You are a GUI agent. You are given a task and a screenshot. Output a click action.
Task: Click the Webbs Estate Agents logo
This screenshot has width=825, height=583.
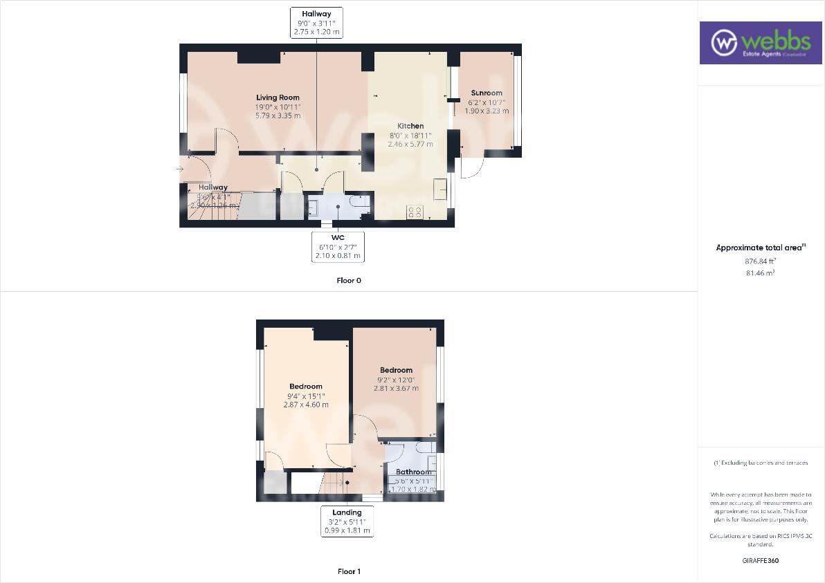[759, 43]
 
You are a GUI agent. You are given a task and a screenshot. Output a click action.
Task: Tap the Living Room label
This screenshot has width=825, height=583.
[278, 98]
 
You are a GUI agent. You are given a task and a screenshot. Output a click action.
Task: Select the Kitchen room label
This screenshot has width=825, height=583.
[410, 126]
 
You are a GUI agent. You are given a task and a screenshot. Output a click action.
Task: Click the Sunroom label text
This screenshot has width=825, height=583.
[487, 93]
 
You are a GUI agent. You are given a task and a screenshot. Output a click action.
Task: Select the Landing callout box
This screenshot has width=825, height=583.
[347, 521]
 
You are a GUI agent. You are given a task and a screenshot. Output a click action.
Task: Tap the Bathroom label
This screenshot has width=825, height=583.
[413, 472]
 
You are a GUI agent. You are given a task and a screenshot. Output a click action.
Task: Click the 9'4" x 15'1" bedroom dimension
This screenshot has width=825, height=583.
[306, 396]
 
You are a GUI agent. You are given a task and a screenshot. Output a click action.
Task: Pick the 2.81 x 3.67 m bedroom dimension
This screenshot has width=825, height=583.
[396, 388]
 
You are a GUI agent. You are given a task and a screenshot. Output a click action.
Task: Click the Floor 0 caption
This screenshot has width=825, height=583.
[349, 281]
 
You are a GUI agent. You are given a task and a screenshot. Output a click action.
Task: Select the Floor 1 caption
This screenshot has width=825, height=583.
[349, 571]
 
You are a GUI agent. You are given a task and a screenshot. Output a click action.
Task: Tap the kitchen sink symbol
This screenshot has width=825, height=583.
[440, 189]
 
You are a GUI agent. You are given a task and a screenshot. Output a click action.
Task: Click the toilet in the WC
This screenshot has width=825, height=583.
[360, 201]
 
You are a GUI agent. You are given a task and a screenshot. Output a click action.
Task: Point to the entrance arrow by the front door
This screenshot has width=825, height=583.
[180, 169]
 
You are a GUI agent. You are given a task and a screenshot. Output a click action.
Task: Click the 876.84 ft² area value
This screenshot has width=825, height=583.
[761, 261]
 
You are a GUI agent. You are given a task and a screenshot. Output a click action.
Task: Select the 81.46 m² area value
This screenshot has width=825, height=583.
[761, 273]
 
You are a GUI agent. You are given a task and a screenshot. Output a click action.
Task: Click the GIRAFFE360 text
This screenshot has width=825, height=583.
[761, 560]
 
